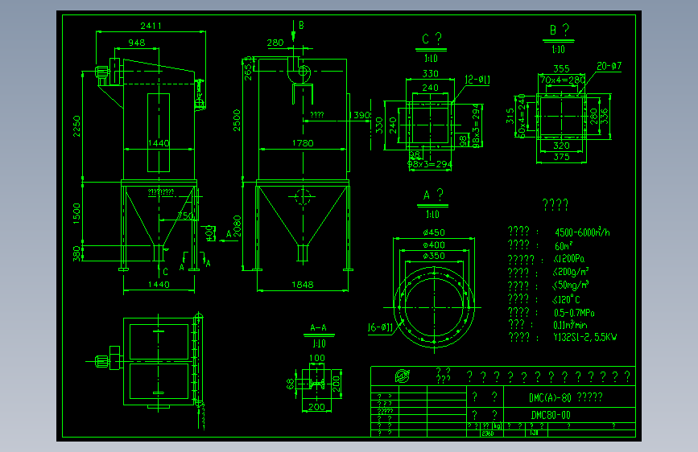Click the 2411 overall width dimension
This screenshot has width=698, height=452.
pyautogui.click(x=150, y=26)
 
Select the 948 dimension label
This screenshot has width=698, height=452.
pyautogui.click(x=136, y=43)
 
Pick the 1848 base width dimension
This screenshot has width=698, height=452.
pyautogui.click(x=303, y=285)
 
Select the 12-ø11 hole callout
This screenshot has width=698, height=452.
pyautogui.click(x=477, y=79)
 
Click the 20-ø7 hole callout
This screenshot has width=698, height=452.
pyautogui.click(x=609, y=65)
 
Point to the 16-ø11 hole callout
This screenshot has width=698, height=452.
pyautogui.click(x=379, y=327)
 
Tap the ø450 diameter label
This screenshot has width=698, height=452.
pyautogui.click(x=434, y=233)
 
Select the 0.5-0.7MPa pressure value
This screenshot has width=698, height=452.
pyautogui.click(x=575, y=312)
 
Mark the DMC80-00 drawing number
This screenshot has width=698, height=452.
pyautogui.click(x=551, y=415)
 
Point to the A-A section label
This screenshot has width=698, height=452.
pyautogui.click(x=319, y=328)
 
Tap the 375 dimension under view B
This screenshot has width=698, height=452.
pyautogui.click(x=561, y=158)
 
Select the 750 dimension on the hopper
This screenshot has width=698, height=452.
pyautogui.click(x=184, y=216)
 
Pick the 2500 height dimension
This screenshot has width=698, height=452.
pyautogui.click(x=237, y=121)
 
